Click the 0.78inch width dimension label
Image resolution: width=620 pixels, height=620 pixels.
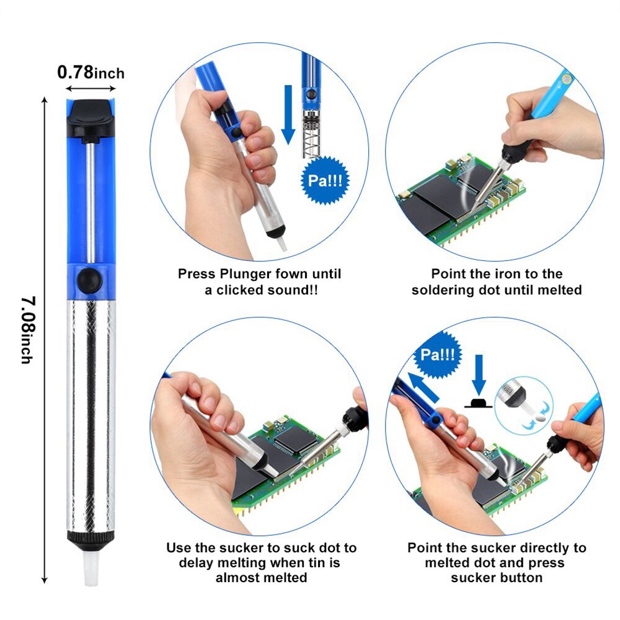pos(91,73)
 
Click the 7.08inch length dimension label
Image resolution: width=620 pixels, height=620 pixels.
pos(28,329)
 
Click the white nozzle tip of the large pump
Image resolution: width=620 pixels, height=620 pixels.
pos(91,567)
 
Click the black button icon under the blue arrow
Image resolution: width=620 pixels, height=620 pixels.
pos(478,404)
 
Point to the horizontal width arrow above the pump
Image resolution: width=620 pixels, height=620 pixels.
pos(91,89)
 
